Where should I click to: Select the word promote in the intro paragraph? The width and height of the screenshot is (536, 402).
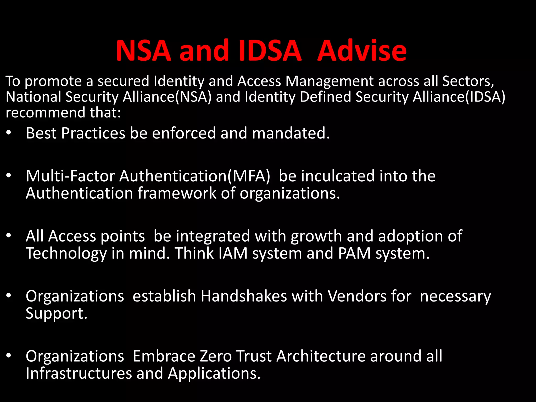coord(53,81)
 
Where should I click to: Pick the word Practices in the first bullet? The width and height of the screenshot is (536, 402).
coord(93,133)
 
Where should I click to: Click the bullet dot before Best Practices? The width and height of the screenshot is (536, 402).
coord(9,133)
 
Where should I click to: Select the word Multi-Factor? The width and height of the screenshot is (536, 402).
coord(70,176)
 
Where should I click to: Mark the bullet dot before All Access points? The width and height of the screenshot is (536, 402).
coord(9,236)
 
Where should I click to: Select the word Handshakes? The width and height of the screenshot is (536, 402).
coord(244,296)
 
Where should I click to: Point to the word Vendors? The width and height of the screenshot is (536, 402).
coord(357,296)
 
